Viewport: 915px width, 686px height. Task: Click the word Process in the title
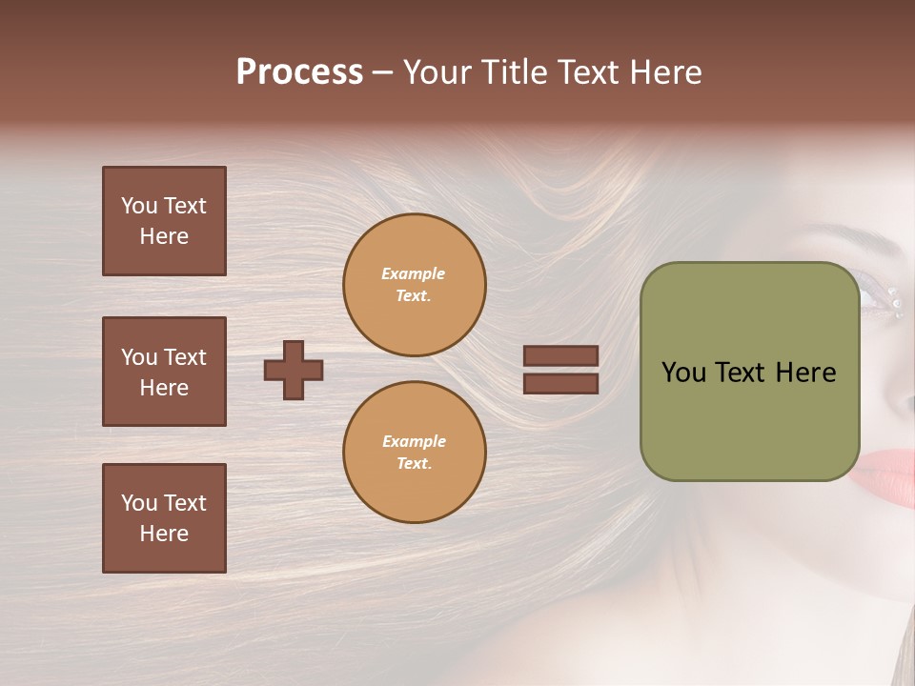[299, 72]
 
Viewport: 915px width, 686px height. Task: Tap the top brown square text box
[164, 221]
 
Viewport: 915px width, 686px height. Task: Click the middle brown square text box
[164, 372]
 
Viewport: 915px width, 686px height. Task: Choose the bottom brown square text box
[164, 518]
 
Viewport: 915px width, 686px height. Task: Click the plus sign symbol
[294, 370]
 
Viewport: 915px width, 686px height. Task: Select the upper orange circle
[415, 285]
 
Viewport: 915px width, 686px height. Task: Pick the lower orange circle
[415, 453]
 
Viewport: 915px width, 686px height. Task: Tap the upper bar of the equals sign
[560, 355]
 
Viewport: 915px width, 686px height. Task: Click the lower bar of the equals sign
[560, 384]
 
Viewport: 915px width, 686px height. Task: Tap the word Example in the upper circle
[414, 273]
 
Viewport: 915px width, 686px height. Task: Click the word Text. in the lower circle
[414, 464]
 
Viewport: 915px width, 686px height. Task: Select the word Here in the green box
[805, 373]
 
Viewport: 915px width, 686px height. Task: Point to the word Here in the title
[661, 72]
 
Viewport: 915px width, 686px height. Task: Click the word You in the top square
[138, 206]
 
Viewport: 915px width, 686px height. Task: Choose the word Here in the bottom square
[164, 534]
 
